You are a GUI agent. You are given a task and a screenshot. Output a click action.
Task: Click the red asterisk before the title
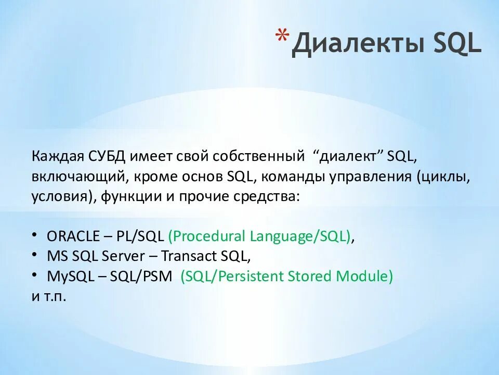tap(282, 36)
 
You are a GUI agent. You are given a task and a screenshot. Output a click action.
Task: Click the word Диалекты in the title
tap(358, 44)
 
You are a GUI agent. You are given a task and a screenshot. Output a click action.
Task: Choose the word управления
tap(370, 177)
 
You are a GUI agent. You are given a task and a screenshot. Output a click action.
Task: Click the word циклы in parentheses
tap(443, 177)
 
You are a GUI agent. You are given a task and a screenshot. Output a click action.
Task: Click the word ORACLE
tap(73, 236)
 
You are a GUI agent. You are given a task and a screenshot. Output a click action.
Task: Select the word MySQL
tap(71, 277)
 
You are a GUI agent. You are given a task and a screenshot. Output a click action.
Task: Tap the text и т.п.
tap(49, 297)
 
